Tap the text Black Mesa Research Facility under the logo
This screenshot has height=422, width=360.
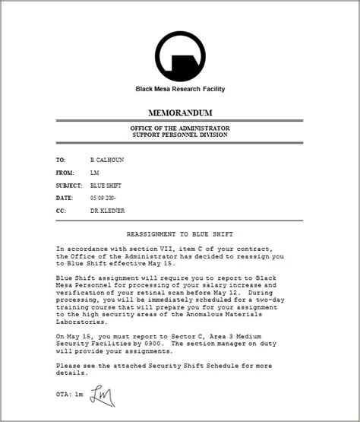pyautogui.click(x=179, y=89)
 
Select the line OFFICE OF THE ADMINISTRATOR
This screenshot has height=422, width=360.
pyautogui.click(x=179, y=128)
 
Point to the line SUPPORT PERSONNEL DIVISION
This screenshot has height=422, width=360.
pyautogui.click(x=179, y=135)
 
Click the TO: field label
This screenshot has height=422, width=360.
pyautogui.click(x=61, y=160)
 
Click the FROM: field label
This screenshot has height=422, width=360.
pyautogui.click(x=64, y=173)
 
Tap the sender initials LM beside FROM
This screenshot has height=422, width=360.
pyautogui.click(x=94, y=173)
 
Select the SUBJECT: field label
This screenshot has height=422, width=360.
pyautogui.click(x=68, y=185)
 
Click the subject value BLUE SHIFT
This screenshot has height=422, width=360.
pyautogui.click(x=106, y=185)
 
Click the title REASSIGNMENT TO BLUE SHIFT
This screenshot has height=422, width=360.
pyautogui.click(x=179, y=234)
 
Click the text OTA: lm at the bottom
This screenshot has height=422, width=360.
pyautogui.click(x=70, y=395)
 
